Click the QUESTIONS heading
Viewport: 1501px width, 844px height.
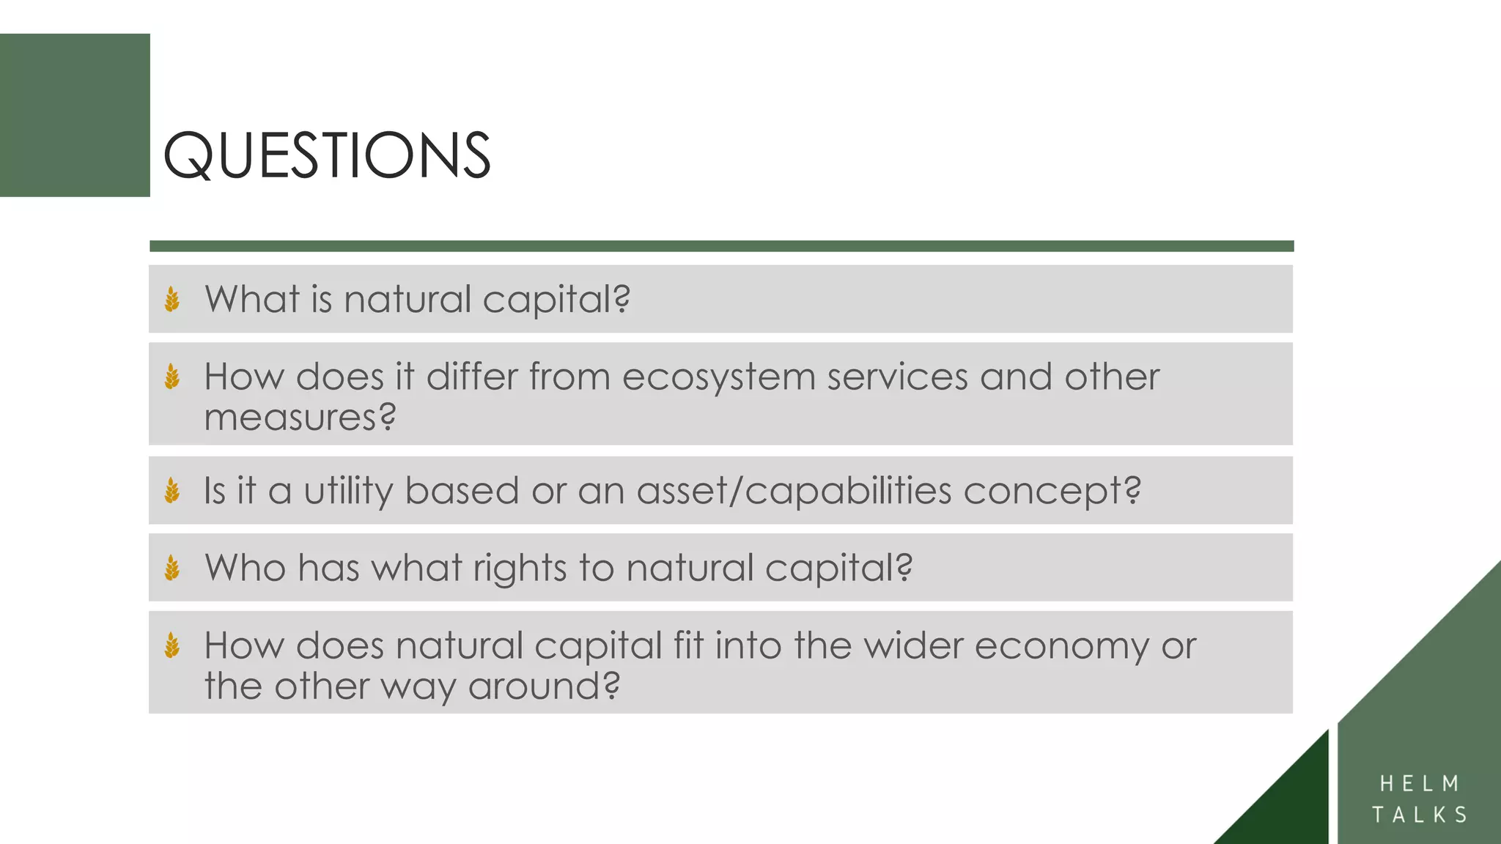coord(327,155)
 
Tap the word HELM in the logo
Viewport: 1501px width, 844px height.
coord(1420,784)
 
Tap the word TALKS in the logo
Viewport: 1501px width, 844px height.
coord(1420,815)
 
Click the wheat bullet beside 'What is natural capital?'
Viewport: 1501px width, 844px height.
coord(172,300)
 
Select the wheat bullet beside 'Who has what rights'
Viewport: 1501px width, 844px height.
coord(172,568)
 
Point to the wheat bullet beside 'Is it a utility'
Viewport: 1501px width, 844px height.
coord(172,491)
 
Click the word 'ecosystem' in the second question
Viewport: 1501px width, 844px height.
coord(718,377)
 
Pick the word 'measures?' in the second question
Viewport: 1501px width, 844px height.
coord(300,418)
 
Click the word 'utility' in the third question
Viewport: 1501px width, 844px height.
coord(348,491)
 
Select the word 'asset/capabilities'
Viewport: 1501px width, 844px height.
coord(794,491)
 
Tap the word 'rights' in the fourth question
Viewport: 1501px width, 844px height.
coord(520,569)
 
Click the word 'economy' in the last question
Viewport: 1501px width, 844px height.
coord(1061,646)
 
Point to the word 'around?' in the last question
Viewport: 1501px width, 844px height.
coord(544,686)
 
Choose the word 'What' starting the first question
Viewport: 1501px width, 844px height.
coord(252,300)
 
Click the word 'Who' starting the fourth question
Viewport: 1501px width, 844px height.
coord(245,568)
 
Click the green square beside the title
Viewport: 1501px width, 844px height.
coord(75,115)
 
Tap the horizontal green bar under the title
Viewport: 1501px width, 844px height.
coord(721,246)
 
